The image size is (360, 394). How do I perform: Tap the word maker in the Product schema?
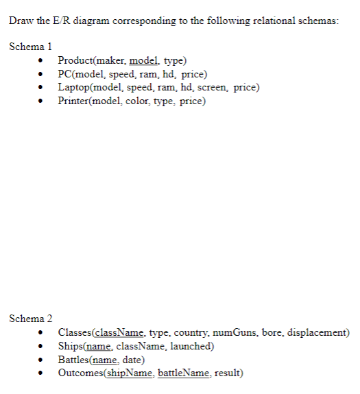112,61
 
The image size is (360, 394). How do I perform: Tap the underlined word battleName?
183,373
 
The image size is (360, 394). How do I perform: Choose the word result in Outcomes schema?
227,373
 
